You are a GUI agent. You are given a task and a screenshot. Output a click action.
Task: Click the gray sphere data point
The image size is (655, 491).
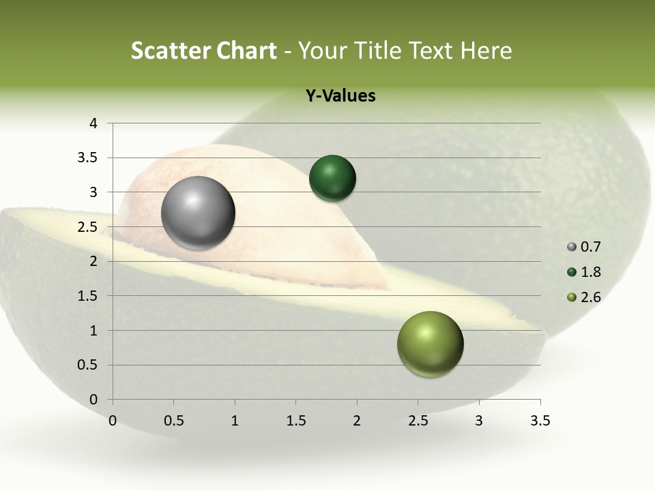pos(198,213)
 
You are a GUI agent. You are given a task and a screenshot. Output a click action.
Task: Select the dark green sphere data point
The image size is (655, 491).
pos(332,178)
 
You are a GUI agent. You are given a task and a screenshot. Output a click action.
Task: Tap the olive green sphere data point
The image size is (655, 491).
pos(430,344)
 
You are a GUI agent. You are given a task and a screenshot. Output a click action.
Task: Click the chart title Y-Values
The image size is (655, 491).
pos(340,96)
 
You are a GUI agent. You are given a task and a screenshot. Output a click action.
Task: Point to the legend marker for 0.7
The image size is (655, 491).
pos(572,247)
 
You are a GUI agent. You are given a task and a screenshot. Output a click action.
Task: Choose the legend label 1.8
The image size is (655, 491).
pos(591,272)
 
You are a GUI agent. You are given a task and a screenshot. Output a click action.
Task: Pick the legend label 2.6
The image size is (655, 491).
pos(591,297)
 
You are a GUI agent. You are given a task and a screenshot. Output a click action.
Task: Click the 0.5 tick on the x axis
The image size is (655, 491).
pos(173,421)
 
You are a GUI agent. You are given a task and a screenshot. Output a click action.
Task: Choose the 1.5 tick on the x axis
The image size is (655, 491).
pos(295,421)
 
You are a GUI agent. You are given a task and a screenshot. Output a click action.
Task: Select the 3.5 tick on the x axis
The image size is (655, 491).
pos(540,421)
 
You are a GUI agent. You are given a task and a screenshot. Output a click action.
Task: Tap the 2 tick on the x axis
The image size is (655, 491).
pos(357,421)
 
